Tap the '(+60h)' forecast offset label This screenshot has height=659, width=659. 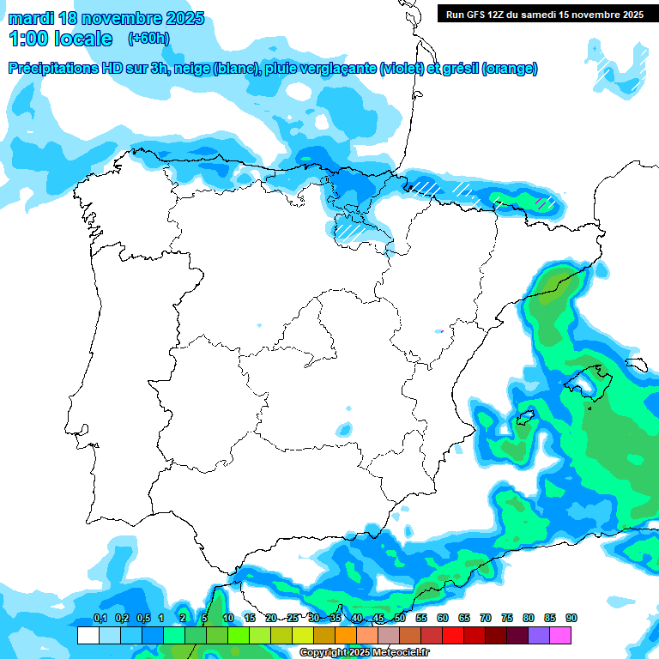(148, 39)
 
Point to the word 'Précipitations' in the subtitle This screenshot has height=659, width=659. (54, 69)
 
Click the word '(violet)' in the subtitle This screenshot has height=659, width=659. (401, 69)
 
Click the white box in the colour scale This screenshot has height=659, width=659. (88, 635)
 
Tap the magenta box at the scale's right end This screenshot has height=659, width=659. (560, 635)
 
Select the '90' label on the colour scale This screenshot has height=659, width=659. (571, 619)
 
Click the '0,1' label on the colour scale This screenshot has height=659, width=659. (100, 619)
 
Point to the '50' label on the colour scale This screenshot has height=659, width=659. (400, 619)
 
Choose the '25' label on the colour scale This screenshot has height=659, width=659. (293, 619)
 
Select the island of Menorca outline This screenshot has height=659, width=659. (636, 364)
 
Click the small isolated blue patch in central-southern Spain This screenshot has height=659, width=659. (344, 429)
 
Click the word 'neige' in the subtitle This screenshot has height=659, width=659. (192, 69)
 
